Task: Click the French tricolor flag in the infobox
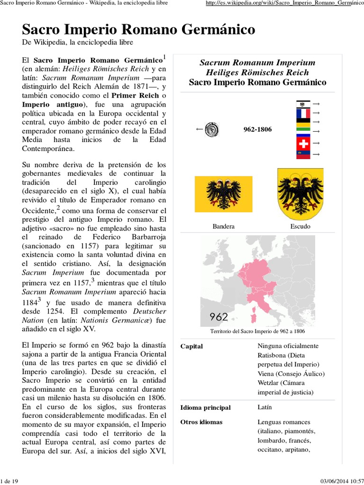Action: pos(303,114)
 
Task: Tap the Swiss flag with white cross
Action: pos(303,143)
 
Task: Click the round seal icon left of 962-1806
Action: pos(211,129)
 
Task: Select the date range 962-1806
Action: pos(257,129)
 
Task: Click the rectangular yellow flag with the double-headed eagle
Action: pos(224,194)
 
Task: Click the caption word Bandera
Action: pos(224,226)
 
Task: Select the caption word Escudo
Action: pos(300,226)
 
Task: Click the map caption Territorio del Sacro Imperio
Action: pos(257,331)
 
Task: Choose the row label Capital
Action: pos(191,346)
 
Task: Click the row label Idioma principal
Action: pos(205,408)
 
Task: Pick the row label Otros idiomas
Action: pos(201,422)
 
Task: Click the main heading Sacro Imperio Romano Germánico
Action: pos(138,29)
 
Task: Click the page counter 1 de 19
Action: pos(9,481)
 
